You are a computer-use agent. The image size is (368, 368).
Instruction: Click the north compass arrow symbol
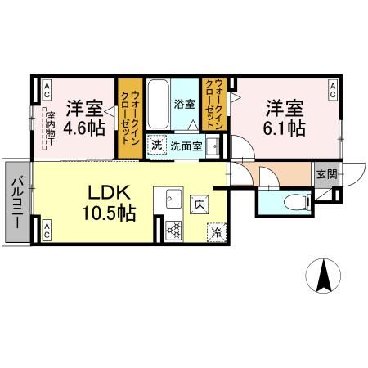tap(325, 276)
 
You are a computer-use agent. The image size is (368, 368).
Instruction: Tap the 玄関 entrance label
tap(325, 173)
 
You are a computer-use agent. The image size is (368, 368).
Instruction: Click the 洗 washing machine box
tap(156, 146)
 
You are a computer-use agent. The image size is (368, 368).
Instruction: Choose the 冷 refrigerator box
tap(217, 231)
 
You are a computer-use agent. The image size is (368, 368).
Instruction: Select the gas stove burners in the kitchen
tap(173, 230)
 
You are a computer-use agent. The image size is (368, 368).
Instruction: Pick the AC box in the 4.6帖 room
tap(47, 88)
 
